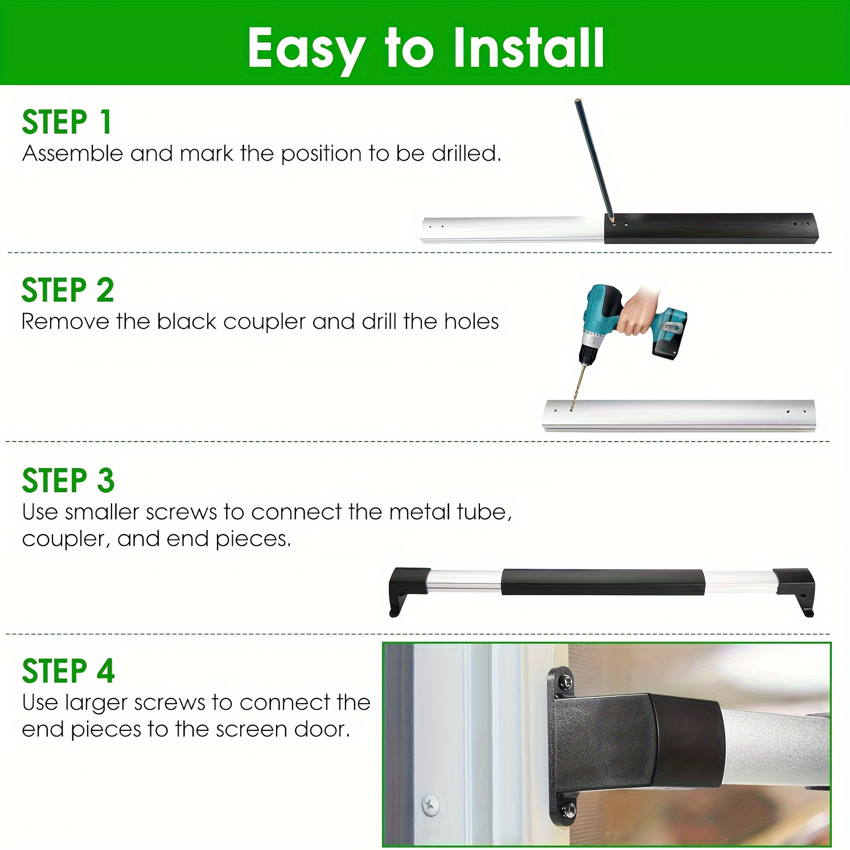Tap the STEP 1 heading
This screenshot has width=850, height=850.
click(x=67, y=122)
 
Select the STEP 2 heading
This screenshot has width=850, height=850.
click(x=68, y=290)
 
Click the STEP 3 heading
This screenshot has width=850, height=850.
click(x=68, y=481)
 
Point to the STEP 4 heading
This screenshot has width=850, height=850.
click(x=68, y=671)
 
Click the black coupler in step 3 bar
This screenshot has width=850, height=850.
click(x=603, y=582)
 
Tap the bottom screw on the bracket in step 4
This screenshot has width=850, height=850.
click(x=568, y=808)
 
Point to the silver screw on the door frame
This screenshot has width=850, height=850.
click(x=430, y=804)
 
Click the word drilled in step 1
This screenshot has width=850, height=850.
click(x=466, y=153)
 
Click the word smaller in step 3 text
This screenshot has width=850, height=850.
click(x=102, y=512)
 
